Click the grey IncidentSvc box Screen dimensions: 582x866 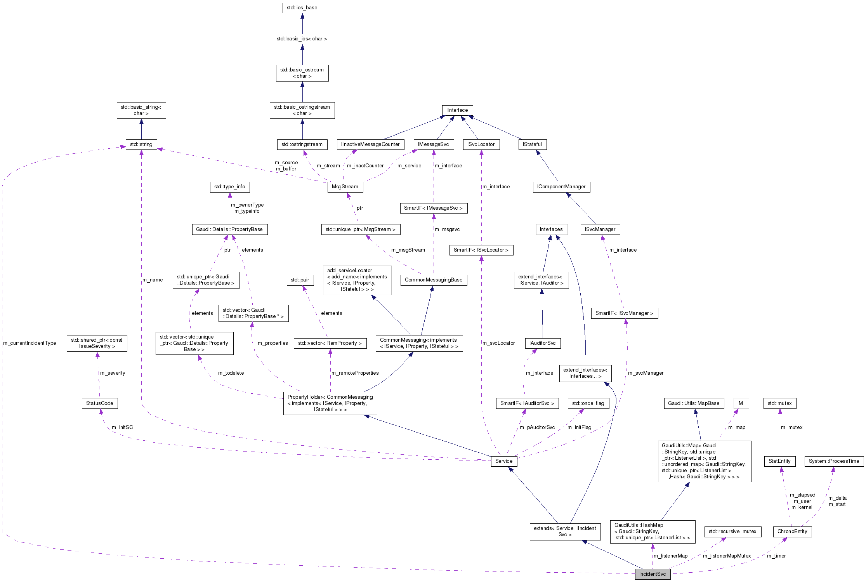coord(652,574)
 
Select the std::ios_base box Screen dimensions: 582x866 coord(302,8)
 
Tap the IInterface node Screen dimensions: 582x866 coord(457,110)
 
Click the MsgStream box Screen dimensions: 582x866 coord(345,187)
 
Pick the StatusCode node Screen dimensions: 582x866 coord(99,403)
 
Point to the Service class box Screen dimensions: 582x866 coord(503,461)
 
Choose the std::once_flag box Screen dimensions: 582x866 coord(588,403)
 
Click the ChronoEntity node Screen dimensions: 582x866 coord(792,532)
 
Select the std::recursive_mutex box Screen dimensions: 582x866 coord(732,532)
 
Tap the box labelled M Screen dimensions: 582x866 coord(741,403)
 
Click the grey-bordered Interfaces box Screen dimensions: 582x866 coord(551,229)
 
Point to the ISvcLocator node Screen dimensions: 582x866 coord(481,144)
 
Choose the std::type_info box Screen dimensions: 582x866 coord(229,187)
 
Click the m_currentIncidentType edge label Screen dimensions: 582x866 coord(30,343)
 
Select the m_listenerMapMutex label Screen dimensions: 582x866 coord(727,556)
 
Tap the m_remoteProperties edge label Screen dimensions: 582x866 coord(355,373)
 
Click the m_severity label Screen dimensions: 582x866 coord(113,373)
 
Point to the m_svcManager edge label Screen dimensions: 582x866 coord(646,373)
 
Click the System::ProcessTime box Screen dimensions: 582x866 coord(834,461)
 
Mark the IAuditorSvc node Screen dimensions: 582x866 coord(542,343)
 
